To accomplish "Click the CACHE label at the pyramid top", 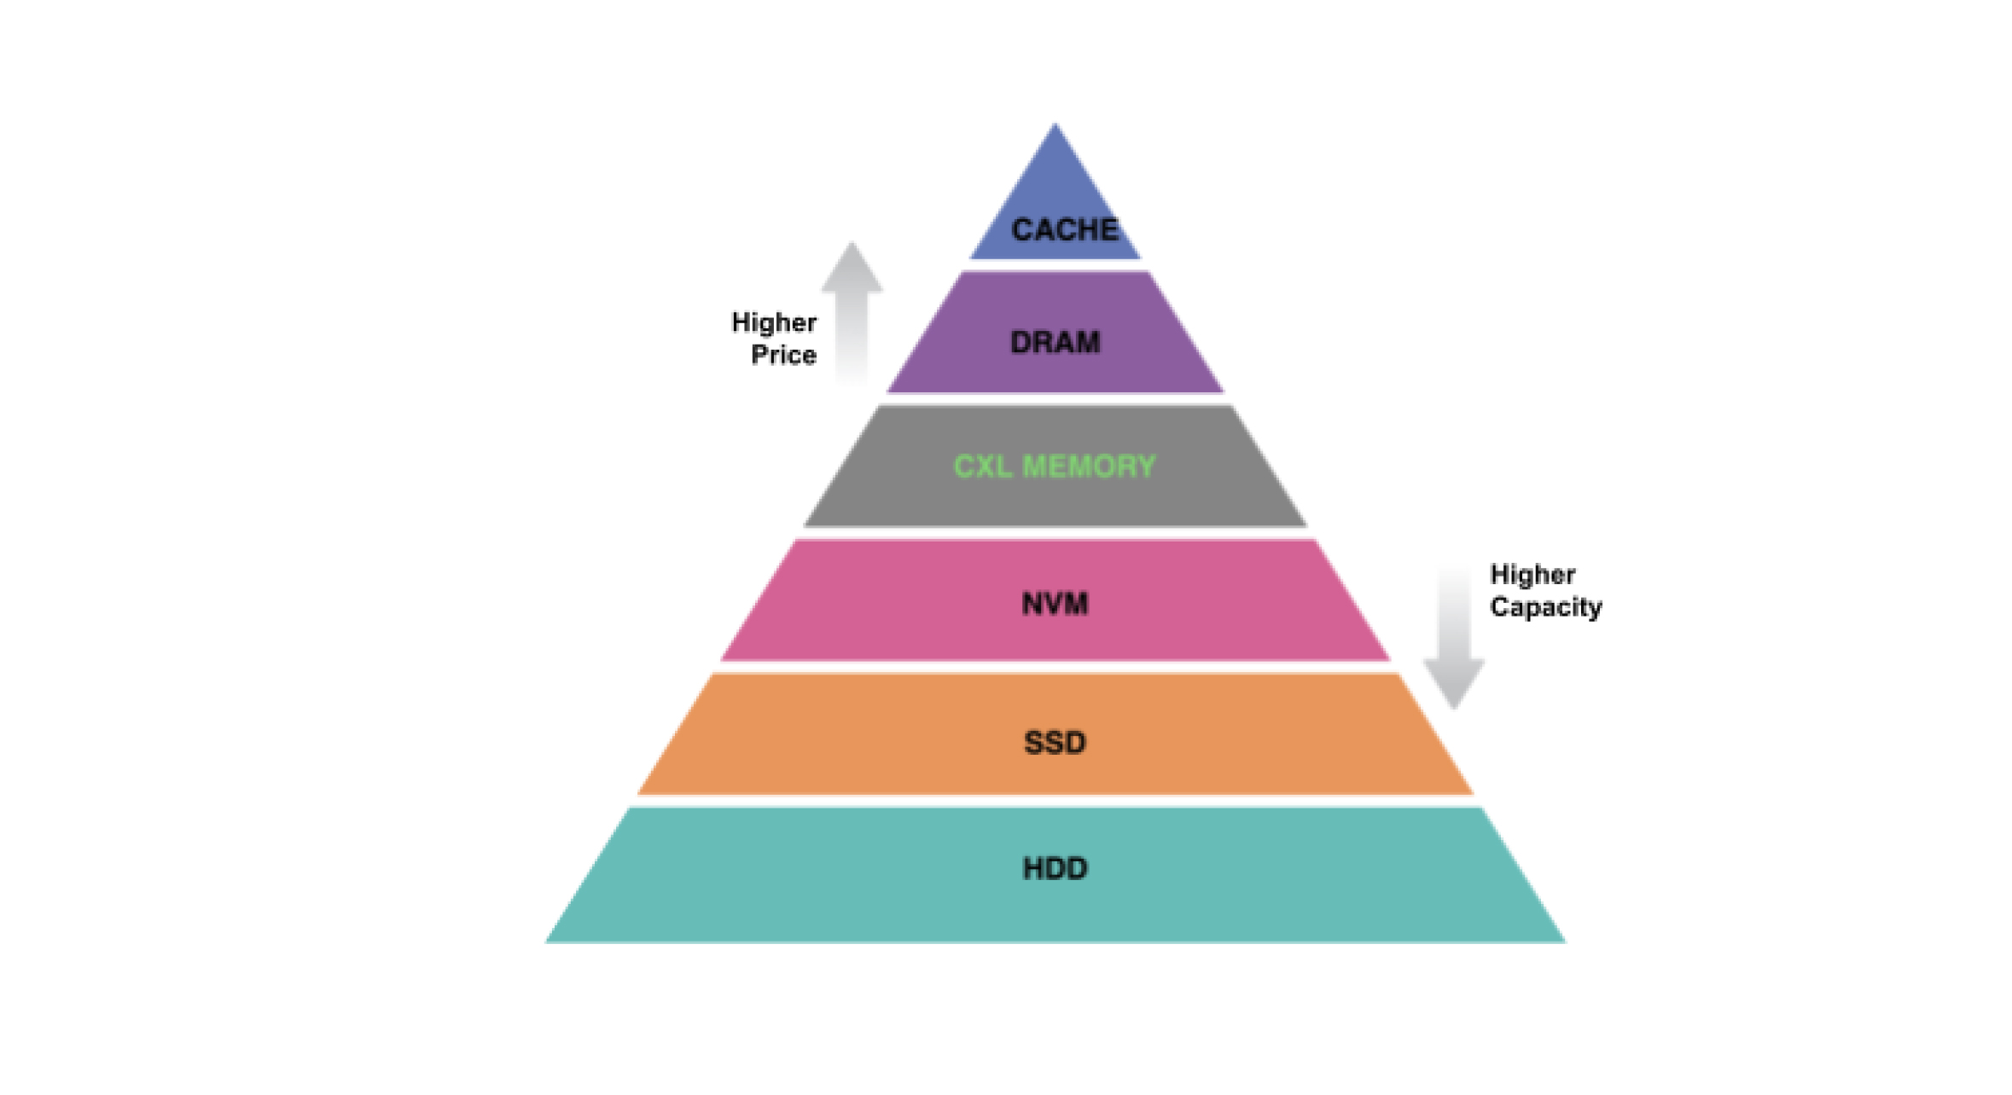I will tap(1064, 229).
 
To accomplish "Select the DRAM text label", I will tap(1055, 342).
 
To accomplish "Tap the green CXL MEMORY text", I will tap(1055, 466).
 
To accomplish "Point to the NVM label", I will tap(1055, 604).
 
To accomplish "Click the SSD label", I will tap(1055, 743).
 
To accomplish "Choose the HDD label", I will tap(1055, 868).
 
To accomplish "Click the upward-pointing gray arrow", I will tap(852, 316).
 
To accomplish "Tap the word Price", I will tap(783, 355).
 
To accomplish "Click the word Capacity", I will tap(1545, 607).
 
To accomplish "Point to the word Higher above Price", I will tap(774, 322).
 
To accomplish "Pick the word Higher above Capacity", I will tap(1532, 575).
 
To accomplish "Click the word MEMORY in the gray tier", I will tap(1089, 466).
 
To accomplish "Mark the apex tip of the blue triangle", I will tap(1055, 125).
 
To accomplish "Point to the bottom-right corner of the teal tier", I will tap(1563, 941).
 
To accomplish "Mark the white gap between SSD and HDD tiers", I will tap(1055, 801).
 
